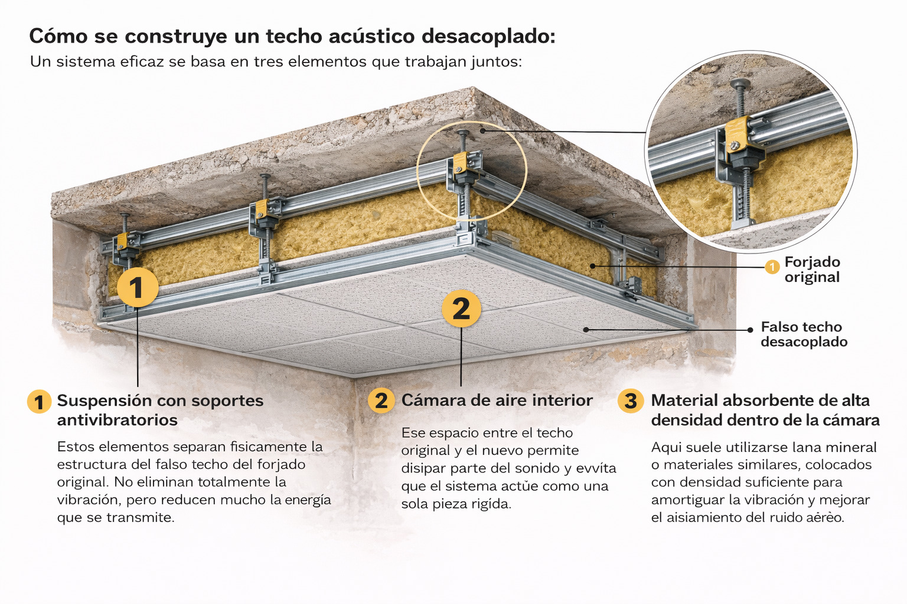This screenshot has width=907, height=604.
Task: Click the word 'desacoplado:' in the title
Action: pos(488,37)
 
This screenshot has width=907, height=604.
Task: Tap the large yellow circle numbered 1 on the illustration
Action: pos(138,287)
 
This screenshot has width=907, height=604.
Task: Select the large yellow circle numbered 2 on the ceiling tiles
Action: pos(461,308)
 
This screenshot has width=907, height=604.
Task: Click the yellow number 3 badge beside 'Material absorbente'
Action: pos(631,401)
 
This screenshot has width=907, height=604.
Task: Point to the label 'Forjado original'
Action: pos(813,270)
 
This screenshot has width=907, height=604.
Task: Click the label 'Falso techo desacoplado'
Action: pos(804,334)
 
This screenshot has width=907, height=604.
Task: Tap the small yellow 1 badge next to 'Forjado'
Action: pos(772,267)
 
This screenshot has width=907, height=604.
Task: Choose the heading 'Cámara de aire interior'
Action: pos(497,400)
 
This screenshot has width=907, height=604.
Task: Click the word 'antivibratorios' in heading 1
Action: pos(118,420)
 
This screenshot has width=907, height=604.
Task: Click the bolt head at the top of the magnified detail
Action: pos(740,84)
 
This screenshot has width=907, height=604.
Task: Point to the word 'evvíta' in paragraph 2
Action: pos(596,468)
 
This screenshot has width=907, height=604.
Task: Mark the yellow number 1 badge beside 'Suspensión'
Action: pos(40,402)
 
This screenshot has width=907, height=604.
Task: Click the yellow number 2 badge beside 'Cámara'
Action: pos(381,401)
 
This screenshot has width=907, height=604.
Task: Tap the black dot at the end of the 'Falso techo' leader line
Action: pos(750,330)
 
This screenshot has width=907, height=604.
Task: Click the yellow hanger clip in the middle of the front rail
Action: pos(262,208)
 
